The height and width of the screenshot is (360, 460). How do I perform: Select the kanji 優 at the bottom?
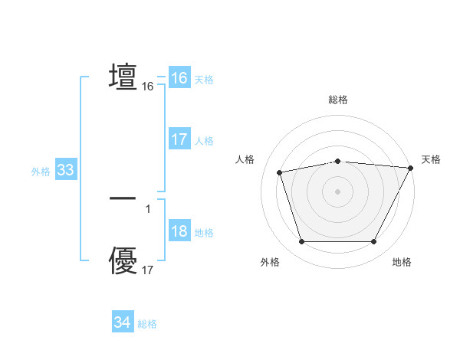pos(123,260)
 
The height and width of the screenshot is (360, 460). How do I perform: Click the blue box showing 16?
pos(179,78)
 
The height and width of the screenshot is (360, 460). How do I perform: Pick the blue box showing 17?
pos(179,139)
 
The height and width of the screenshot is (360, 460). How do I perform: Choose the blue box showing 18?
pos(179,232)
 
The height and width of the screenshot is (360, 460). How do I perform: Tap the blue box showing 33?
pos(65,170)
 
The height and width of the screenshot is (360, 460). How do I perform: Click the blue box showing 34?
pos(122,323)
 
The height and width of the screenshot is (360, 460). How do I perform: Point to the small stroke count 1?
pos(148,208)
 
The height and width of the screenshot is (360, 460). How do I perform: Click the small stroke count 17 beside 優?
pos(148,270)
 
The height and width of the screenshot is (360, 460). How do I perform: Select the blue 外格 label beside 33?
pos(41,172)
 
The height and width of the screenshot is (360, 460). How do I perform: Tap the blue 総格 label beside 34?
pos(147,324)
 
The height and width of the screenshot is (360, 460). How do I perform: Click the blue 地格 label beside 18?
pos(204,233)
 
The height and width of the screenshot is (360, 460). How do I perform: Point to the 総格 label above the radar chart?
pos(338,100)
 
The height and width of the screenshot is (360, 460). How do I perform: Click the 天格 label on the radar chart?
pos(431,159)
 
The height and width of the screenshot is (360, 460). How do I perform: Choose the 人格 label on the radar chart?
pos(245,159)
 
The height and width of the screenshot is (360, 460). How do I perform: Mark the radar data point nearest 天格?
pos(411,168)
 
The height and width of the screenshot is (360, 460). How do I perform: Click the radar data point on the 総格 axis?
pos(338,161)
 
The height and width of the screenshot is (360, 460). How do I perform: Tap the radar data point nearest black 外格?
pos(301,242)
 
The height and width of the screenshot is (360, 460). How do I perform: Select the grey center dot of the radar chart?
pos(338,191)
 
